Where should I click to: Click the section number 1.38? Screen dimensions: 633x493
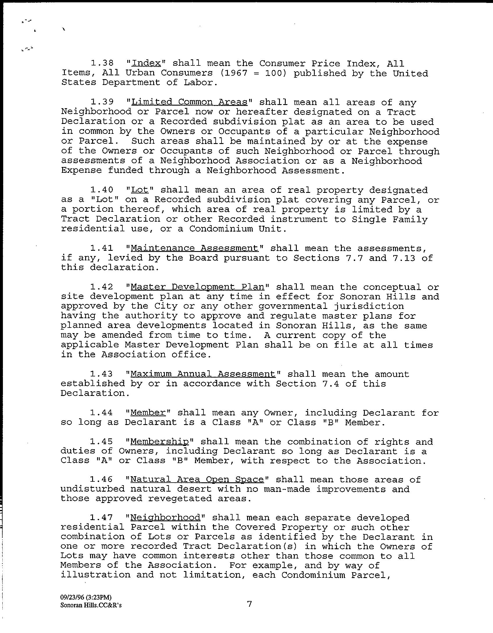coord(101,63)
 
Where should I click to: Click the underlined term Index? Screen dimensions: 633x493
coord(146,63)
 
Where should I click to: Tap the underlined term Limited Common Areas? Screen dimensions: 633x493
coord(189,102)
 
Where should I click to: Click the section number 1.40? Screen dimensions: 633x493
coord(101,190)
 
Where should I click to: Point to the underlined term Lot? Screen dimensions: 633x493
coord(140,190)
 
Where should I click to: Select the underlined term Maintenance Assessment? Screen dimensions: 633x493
coord(194,248)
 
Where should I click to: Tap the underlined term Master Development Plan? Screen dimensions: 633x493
coord(197,287)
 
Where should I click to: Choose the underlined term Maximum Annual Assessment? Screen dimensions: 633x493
coord(203,374)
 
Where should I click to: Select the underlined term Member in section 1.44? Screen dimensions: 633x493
coord(148,413)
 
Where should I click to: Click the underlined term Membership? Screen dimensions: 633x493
coord(160,442)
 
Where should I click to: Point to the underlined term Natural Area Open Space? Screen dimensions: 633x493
coord(197,480)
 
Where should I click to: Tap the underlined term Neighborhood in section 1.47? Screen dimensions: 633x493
coord(165,518)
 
